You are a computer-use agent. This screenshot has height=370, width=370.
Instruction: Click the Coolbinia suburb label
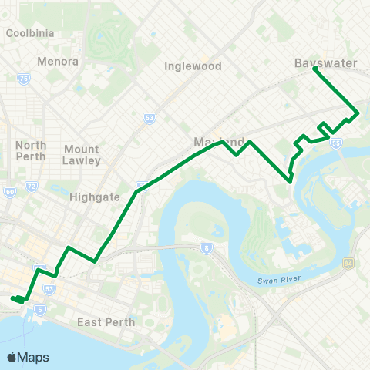(x=29, y=33)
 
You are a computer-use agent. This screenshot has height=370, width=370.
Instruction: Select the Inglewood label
(x=193, y=66)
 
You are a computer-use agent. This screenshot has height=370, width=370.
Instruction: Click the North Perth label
(x=31, y=151)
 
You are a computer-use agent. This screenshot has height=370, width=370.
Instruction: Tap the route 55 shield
(x=335, y=143)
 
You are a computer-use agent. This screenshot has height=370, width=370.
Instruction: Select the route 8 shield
(x=207, y=247)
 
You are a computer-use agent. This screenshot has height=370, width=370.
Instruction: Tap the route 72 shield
(x=31, y=187)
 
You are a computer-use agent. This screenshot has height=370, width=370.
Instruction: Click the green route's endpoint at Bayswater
(x=314, y=69)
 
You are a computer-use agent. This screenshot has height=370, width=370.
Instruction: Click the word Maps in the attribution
(x=34, y=357)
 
